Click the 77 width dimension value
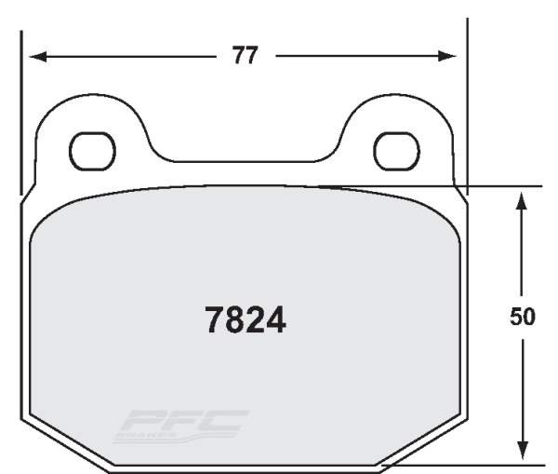tap(245, 56)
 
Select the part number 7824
tap(245, 321)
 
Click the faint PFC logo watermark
tap(180, 426)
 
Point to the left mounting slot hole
tap(93, 150)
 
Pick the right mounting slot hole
tap(395, 150)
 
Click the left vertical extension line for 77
tap(21, 102)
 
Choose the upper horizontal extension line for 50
tap(502, 186)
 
